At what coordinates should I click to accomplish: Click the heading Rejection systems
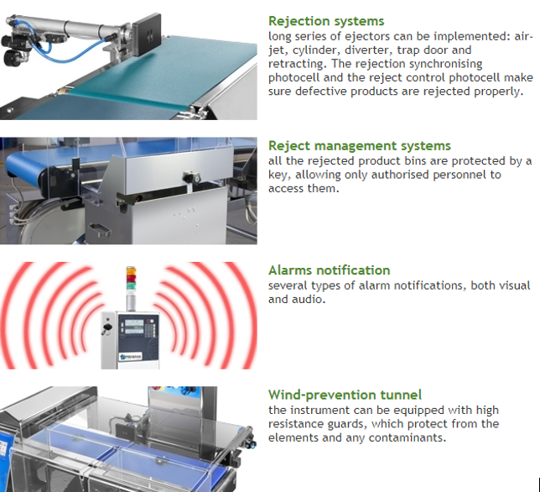(326, 21)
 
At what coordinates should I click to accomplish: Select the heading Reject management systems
(360, 146)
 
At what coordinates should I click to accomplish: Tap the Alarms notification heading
(330, 270)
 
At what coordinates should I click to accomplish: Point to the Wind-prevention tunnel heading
(345, 395)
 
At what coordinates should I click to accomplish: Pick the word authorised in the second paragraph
(400, 175)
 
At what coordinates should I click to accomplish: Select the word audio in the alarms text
(309, 299)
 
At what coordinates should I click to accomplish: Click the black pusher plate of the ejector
(147, 34)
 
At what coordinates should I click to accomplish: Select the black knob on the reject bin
(191, 177)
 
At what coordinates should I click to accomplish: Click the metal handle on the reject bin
(99, 230)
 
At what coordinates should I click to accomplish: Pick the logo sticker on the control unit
(131, 357)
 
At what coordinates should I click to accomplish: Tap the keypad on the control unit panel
(150, 328)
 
